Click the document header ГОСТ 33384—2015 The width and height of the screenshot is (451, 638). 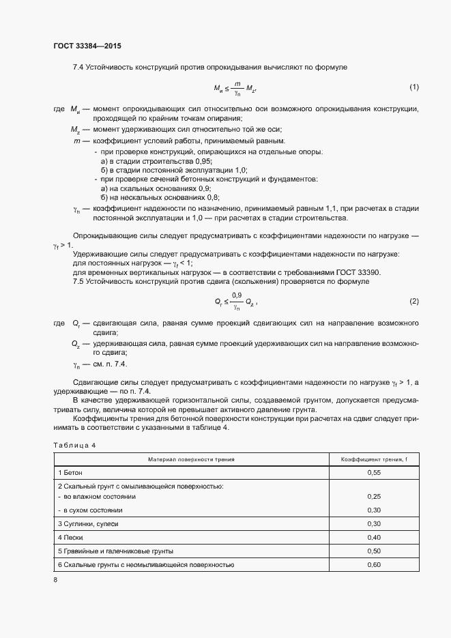pyautogui.click(x=88, y=46)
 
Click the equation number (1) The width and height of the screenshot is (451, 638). pyautogui.click(x=413, y=87)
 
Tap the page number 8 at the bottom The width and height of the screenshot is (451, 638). pyautogui.click(x=55, y=579)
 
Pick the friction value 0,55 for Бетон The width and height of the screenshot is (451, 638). pyautogui.click(x=373, y=472)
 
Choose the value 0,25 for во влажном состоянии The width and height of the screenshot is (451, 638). pyautogui.click(x=373, y=497)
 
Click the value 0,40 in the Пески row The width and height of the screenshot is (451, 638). pyautogui.click(x=373, y=537)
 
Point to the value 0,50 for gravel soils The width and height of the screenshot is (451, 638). pyautogui.click(x=373, y=551)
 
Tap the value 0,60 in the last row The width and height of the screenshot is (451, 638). pyautogui.click(x=373, y=564)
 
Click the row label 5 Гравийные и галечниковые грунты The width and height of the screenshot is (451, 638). pyautogui.click(x=116, y=551)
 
